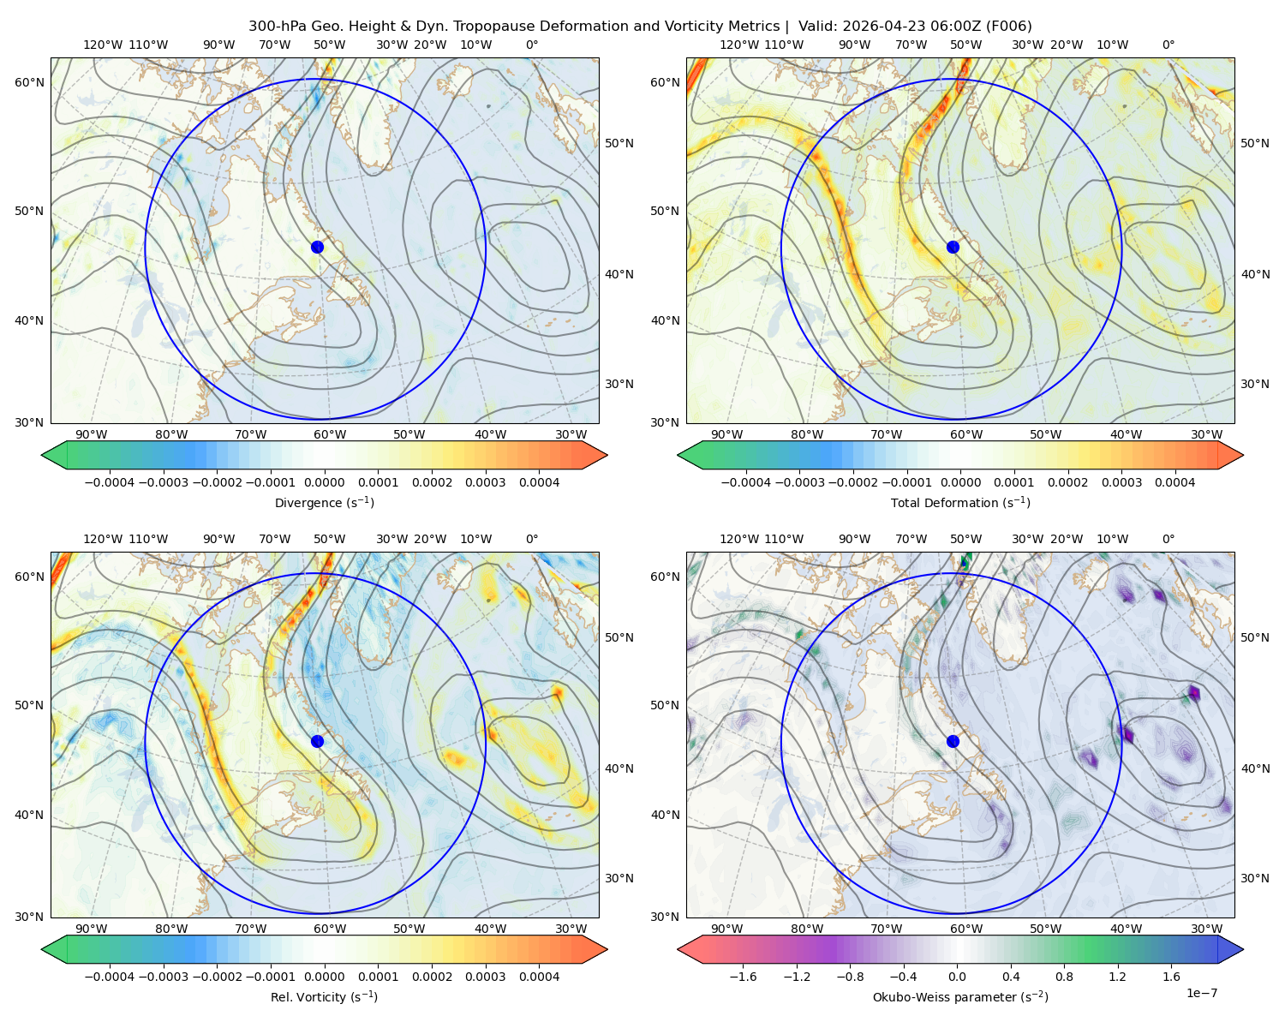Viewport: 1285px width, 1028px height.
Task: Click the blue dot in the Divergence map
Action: pos(317,247)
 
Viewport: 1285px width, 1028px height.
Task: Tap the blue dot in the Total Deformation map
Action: pos(953,247)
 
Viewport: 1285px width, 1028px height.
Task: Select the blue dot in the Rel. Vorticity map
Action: pos(317,741)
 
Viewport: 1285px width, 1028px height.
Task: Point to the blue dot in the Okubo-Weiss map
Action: pos(953,741)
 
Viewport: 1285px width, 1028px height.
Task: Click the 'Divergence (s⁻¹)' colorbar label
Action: pos(324,502)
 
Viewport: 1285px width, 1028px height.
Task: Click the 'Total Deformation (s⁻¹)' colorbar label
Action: pos(960,502)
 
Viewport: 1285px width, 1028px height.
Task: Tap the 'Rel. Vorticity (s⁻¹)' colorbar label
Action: pos(324,996)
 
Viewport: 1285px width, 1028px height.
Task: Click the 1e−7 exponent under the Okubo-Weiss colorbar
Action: pos(1201,993)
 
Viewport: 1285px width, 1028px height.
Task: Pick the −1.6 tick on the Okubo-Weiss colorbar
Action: pos(743,976)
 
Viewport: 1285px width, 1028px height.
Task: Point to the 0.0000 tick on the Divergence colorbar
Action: pos(324,482)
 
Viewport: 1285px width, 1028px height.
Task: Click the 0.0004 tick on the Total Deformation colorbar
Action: pos(1174,482)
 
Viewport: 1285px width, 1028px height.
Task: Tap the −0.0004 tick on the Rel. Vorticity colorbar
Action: pos(110,976)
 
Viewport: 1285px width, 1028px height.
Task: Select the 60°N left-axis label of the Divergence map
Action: pos(29,82)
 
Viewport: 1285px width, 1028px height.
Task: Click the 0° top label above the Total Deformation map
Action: pos(1168,45)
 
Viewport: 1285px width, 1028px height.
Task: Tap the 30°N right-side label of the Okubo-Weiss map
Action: pos(1254,877)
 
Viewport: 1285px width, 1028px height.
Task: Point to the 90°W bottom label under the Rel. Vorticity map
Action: pos(91,929)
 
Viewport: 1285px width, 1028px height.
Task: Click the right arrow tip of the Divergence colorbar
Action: pos(607,455)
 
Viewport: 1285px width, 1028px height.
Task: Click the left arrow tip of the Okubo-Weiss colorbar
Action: pos(678,949)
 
